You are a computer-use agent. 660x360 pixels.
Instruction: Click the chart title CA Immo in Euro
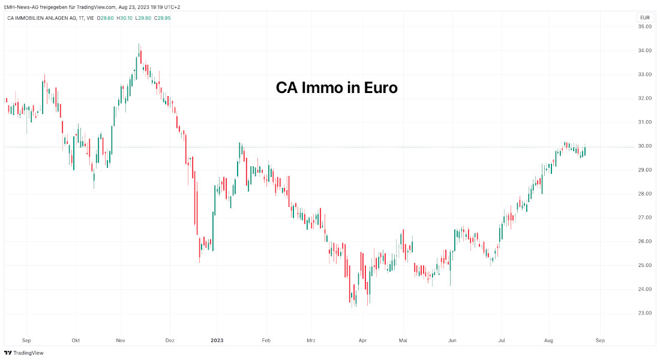point(337,88)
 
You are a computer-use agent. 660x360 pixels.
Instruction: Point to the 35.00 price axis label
point(645,27)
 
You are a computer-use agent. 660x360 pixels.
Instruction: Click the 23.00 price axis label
point(645,313)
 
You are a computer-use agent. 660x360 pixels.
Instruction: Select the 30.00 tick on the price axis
point(645,146)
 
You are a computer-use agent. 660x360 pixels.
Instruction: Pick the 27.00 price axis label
point(645,218)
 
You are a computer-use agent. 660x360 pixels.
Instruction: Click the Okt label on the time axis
point(75,340)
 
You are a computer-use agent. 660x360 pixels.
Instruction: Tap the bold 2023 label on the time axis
point(217,340)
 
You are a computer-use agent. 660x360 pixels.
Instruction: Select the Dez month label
point(170,340)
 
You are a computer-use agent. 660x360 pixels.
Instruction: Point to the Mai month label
point(403,340)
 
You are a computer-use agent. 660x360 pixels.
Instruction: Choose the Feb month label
point(266,340)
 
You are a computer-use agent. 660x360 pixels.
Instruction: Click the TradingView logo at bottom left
point(24,353)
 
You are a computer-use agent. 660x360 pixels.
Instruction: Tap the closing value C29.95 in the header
point(163,17)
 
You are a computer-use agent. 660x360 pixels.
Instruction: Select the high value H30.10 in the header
point(124,17)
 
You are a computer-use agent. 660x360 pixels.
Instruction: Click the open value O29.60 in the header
point(106,17)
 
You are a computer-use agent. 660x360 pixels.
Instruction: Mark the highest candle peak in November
point(139,44)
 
